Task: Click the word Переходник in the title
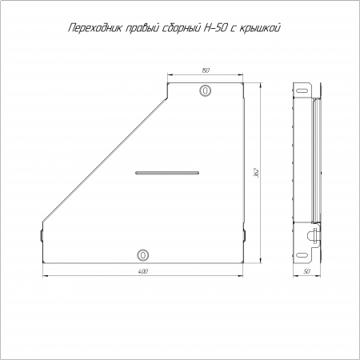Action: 95,28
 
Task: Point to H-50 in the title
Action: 215,28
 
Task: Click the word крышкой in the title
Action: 260,28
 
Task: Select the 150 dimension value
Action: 205,70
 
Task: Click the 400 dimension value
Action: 143,271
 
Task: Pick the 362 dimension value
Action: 257,173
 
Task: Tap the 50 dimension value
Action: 306,271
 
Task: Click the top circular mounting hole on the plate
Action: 205,90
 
